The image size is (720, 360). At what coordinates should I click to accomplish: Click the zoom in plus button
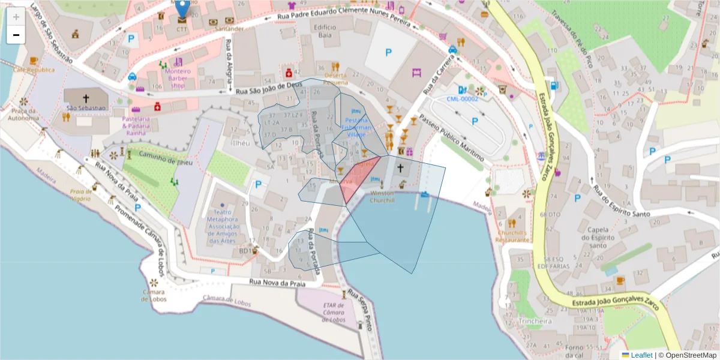(x=16, y=17)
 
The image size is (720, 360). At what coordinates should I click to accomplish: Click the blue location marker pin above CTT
(x=182, y=7)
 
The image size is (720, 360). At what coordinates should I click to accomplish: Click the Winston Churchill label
(x=382, y=197)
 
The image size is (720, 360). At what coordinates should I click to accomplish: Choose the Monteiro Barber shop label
(x=178, y=78)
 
